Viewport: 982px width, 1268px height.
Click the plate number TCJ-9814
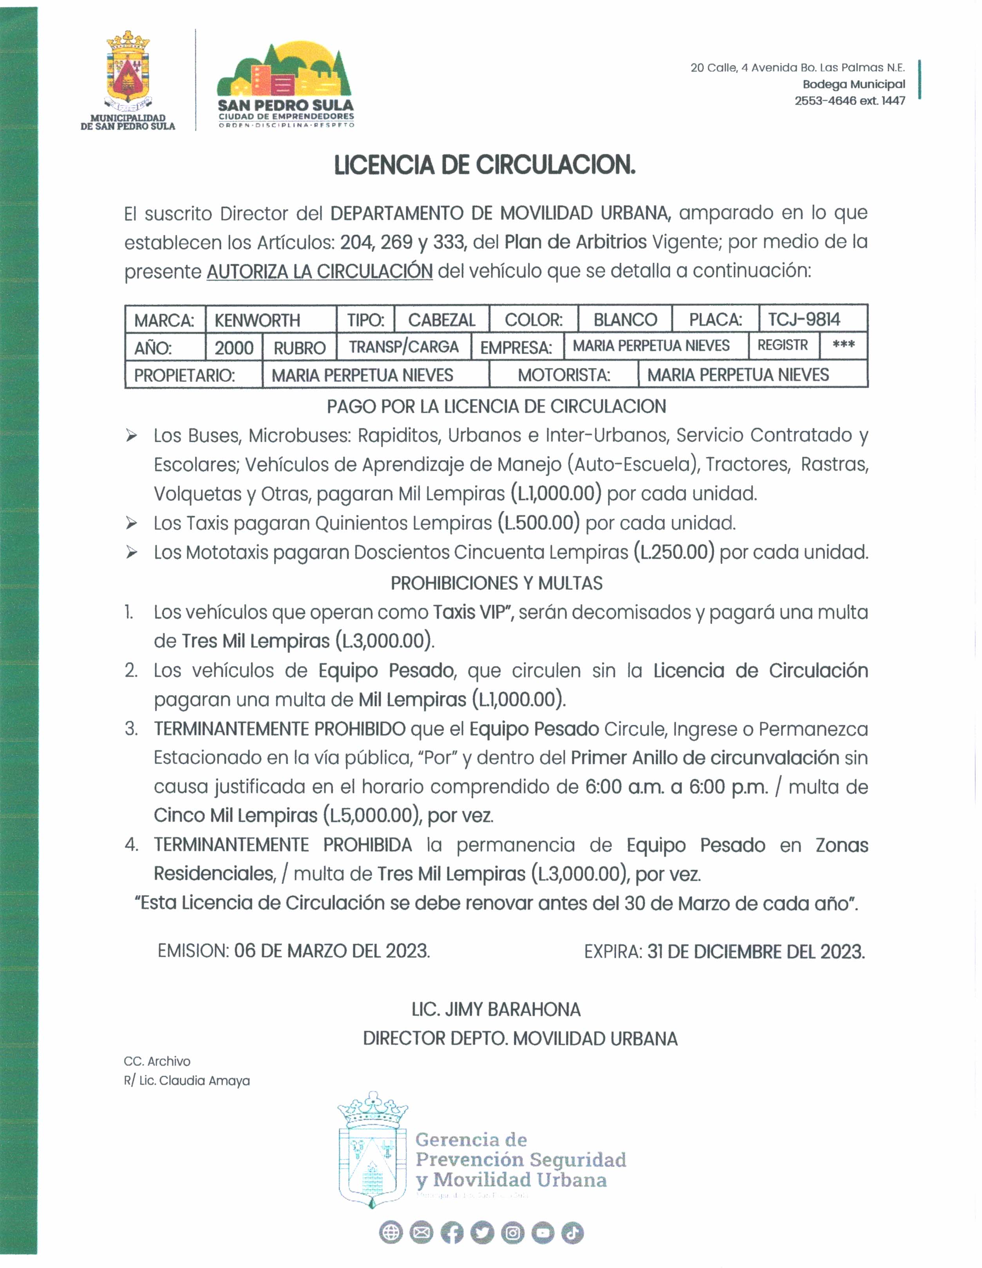(x=804, y=319)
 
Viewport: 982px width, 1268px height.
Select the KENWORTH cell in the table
(x=257, y=320)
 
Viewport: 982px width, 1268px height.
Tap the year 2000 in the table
(x=233, y=348)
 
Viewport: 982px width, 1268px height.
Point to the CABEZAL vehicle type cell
(x=441, y=320)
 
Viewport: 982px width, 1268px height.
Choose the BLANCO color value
(x=625, y=320)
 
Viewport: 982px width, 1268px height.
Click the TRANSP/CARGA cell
(x=403, y=347)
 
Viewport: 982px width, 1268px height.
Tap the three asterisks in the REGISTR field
(x=843, y=345)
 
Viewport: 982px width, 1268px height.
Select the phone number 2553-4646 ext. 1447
(x=850, y=100)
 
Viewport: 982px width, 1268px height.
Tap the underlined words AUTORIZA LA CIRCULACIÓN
(x=319, y=271)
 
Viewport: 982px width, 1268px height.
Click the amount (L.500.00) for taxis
(x=539, y=523)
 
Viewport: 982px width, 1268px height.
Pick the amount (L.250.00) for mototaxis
(x=674, y=552)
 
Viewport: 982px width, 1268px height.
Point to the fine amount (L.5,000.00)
(x=372, y=816)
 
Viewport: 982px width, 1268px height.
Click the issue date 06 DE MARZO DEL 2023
(x=332, y=951)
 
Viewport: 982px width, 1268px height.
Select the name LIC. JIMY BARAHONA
(x=496, y=1010)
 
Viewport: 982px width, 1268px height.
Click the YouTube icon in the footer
(x=543, y=1233)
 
